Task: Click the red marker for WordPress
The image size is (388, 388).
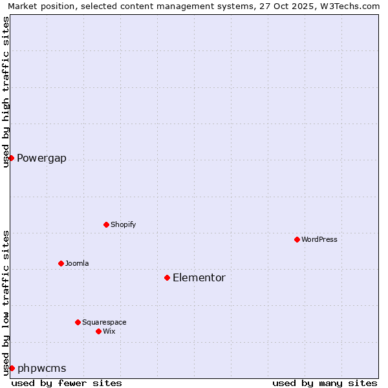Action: pos(297,239)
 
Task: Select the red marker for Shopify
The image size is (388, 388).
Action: pos(106,224)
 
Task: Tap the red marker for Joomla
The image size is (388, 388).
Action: pos(61,263)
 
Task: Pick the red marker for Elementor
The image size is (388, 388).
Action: pos(167,277)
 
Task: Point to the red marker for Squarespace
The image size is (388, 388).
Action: pos(78,322)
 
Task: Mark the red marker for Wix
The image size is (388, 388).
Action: pos(98,331)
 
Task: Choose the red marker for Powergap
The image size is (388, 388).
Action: pos(11,158)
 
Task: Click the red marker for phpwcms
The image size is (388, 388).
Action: pos(12,368)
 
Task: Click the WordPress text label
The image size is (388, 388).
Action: pos(319,239)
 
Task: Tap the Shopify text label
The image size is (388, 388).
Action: pos(123,224)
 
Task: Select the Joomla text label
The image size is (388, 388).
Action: pos(77,263)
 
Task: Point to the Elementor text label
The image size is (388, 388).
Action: pos(199,277)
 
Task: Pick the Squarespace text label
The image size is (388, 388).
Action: pos(104,322)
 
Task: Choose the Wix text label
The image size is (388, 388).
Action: pos(109,331)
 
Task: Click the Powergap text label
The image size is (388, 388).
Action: pos(41,158)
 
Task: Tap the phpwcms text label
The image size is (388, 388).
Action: pos(41,369)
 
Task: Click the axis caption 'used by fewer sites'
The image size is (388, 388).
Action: pos(67,383)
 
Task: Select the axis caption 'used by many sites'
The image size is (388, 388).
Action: pos(325,383)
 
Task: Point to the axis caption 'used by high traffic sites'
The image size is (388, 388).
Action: pos(6,92)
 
